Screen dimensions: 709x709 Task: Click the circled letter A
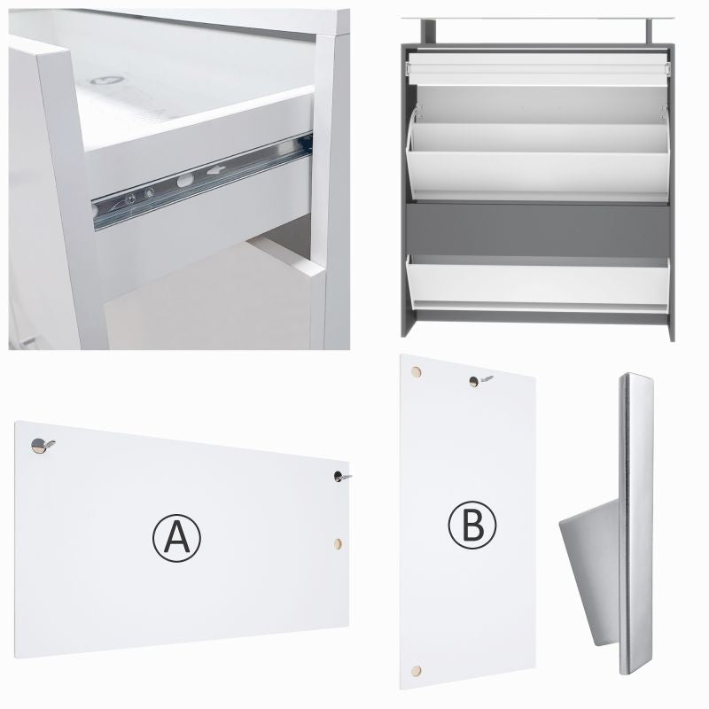[x=176, y=538]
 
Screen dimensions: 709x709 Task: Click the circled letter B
[x=472, y=525]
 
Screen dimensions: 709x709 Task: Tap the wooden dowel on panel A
[x=338, y=543]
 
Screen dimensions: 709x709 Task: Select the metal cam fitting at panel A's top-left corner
[x=42, y=446]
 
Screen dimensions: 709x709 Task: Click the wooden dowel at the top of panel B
[x=416, y=372]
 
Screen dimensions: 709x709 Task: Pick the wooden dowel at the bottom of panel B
[x=417, y=671]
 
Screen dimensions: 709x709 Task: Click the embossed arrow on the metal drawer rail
[x=216, y=170]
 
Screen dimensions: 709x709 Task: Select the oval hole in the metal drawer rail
[x=185, y=181]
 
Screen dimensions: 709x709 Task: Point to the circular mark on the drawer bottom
[x=107, y=81]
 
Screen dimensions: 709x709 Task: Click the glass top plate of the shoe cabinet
[x=537, y=19]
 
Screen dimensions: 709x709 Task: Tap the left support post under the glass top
[x=429, y=32]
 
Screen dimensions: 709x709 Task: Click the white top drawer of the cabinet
[x=537, y=69]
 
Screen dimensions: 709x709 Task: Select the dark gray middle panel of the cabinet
[x=537, y=230]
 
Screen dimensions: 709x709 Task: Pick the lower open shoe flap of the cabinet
[x=537, y=283]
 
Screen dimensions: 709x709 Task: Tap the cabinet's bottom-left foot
[x=408, y=324]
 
